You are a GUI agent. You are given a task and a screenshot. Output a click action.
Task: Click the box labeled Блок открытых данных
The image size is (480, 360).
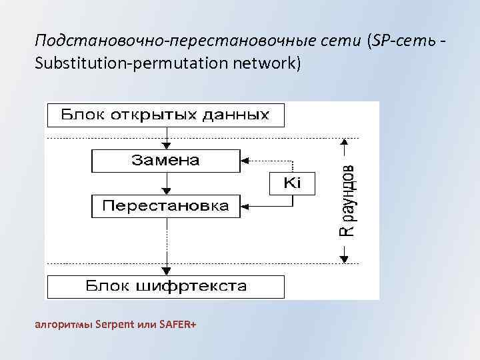165,115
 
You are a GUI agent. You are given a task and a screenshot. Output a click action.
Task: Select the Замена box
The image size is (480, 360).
165,161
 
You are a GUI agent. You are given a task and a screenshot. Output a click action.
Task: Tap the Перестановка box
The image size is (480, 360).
165,206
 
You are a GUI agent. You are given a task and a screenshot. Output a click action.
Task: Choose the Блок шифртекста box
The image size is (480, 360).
165,287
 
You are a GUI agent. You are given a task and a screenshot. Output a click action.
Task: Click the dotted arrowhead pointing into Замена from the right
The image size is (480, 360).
245,161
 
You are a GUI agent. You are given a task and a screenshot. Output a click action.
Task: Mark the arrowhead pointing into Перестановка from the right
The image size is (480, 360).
245,206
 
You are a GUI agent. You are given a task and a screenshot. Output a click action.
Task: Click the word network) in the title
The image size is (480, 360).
268,65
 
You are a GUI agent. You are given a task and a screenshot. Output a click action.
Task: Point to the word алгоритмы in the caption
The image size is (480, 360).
63,325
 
